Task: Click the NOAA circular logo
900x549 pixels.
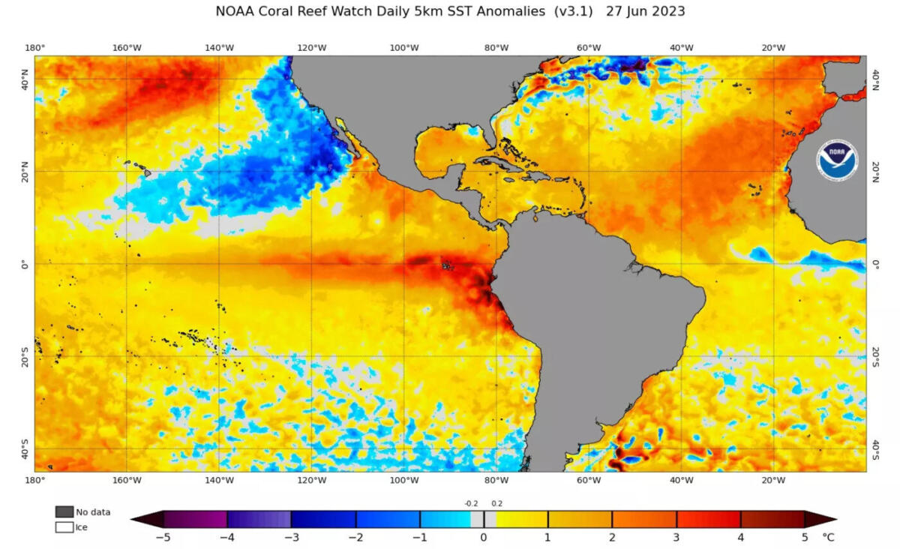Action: pyautogui.click(x=838, y=159)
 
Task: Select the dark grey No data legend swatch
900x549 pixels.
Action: pyautogui.click(x=64, y=511)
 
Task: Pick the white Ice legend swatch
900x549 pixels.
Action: pyautogui.click(x=64, y=527)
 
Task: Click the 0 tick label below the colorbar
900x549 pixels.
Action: pyautogui.click(x=484, y=537)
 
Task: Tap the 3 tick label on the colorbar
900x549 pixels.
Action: pyautogui.click(x=676, y=537)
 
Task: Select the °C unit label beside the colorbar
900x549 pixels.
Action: pyautogui.click(x=828, y=537)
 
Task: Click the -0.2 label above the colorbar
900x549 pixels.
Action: pyautogui.click(x=471, y=503)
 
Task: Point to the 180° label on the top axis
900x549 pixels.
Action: pyautogui.click(x=35, y=48)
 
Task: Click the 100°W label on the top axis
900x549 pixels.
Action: pyautogui.click(x=404, y=48)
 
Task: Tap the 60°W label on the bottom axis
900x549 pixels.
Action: pyautogui.click(x=589, y=480)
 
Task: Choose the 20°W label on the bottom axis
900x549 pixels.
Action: pyautogui.click(x=773, y=480)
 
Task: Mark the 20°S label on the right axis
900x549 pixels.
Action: pyautogui.click(x=874, y=356)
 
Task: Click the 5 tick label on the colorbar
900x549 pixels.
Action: pyautogui.click(x=805, y=537)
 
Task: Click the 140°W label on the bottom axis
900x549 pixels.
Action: pyautogui.click(x=219, y=480)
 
